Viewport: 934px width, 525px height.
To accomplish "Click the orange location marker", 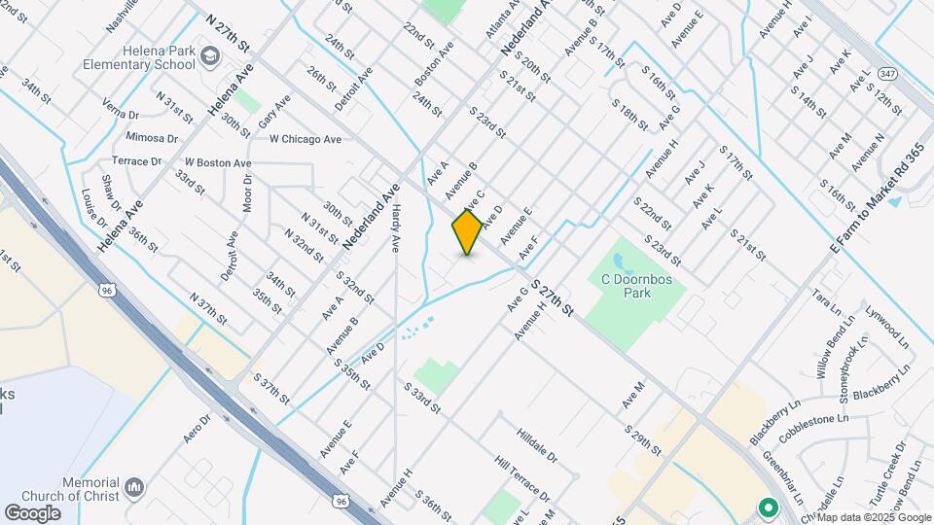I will (468, 231).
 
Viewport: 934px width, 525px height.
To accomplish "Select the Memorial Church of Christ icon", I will (135, 485).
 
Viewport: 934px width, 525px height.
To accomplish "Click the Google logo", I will (32, 512).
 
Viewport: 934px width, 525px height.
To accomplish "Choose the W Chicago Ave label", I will (305, 139).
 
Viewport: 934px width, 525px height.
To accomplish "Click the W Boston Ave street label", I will (218, 162).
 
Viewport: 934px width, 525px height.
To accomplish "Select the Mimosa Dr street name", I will (153, 138).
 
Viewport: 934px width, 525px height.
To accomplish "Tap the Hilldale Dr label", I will (537, 442).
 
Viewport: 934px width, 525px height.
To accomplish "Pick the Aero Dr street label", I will (198, 429).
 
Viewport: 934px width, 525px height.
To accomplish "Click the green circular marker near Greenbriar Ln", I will (767, 507).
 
